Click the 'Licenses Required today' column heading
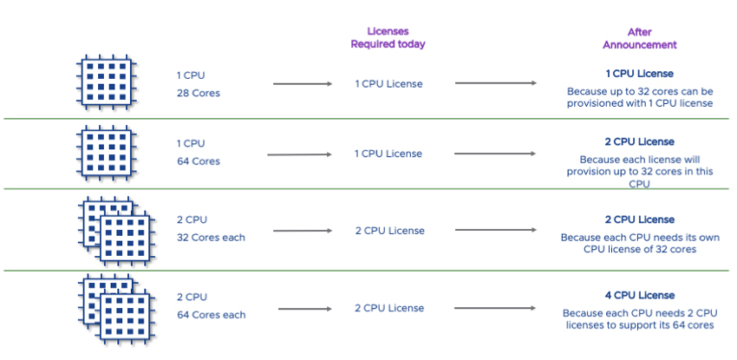(388, 37)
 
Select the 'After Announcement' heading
(639, 38)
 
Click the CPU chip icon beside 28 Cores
(106, 82)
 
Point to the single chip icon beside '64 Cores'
(106, 153)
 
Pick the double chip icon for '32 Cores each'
(112, 231)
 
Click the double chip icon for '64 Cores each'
(112, 307)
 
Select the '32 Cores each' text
(210, 238)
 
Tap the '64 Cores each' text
(210, 315)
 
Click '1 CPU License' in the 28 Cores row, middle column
(388, 83)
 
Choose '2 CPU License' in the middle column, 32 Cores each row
(389, 231)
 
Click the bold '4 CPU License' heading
(639, 295)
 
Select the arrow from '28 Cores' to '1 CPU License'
(303, 83)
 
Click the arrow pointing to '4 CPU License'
(495, 308)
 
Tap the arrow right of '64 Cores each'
(305, 308)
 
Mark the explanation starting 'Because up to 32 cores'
(639, 97)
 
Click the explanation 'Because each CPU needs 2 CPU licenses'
(639, 319)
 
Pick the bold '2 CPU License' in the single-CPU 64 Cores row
(639, 141)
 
